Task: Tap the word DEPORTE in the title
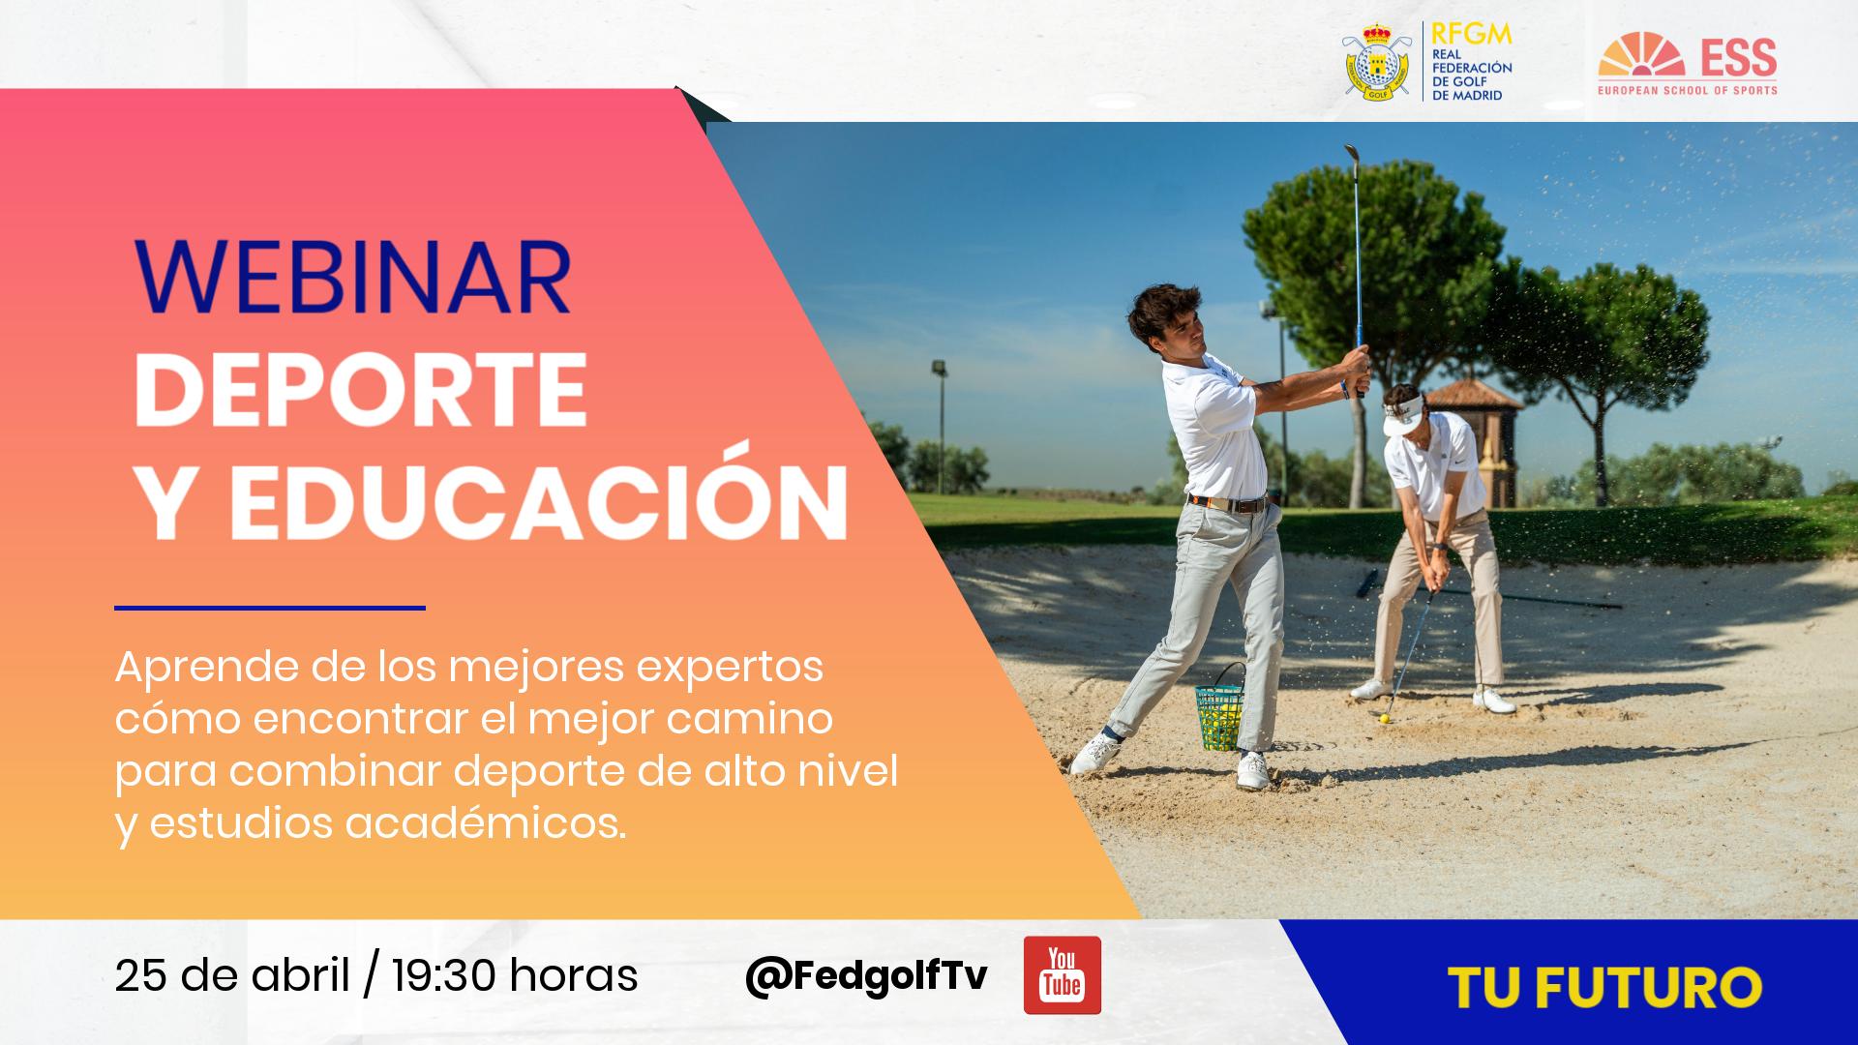point(360,390)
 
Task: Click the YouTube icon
point(1062,974)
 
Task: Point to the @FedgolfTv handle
point(866,975)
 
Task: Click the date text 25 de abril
point(231,975)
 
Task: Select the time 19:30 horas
point(515,975)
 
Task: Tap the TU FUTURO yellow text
point(1604,988)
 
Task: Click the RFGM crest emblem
point(1374,63)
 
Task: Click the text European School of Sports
point(1688,90)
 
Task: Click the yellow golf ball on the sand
point(1385,718)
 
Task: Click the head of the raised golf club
point(1351,155)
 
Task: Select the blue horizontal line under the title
point(270,608)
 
